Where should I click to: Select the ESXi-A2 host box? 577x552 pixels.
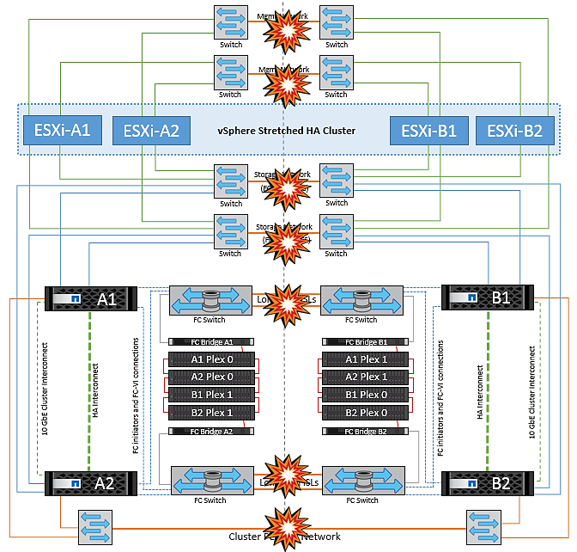(151, 131)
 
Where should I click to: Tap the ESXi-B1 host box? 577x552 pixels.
(429, 131)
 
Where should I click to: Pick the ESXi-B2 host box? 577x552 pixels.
(515, 131)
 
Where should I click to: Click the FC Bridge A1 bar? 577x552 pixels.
(212, 341)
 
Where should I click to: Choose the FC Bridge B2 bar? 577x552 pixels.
(363, 432)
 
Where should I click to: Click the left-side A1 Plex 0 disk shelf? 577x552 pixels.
(212, 359)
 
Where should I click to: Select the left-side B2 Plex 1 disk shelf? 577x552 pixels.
(212, 414)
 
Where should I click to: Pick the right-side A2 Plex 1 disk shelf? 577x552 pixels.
(363, 377)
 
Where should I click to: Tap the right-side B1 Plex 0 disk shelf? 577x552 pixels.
(363, 396)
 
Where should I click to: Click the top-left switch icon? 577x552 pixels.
(230, 23)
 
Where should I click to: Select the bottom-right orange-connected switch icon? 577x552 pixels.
(483, 526)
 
